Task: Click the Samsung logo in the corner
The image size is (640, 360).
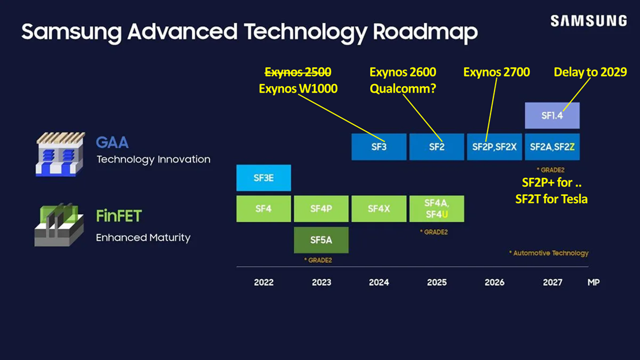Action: pyautogui.click(x=588, y=21)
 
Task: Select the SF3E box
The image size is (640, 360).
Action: pyautogui.click(x=263, y=178)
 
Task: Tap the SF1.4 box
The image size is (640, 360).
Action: pyautogui.click(x=552, y=116)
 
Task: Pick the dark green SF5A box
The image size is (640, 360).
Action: pyautogui.click(x=321, y=240)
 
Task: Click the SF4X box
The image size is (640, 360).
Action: pyautogui.click(x=378, y=209)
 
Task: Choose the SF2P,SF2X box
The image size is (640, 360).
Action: pyautogui.click(x=494, y=147)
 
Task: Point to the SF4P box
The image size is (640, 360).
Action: pyautogui.click(x=321, y=209)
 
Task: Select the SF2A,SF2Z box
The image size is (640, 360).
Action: pyautogui.click(x=552, y=147)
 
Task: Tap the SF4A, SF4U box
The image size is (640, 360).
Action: pyautogui.click(x=436, y=209)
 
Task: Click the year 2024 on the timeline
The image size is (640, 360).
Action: pyautogui.click(x=378, y=282)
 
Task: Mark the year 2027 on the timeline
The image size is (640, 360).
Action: pyautogui.click(x=552, y=282)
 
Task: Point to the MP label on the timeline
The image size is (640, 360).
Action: pyautogui.click(x=593, y=282)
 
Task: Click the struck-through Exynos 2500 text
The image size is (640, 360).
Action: pyautogui.click(x=298, y=73)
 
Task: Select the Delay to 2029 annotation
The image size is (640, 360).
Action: pyautogui.click(x=590, y=73)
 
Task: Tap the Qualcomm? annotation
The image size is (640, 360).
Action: pyautogui.click(x=403, y=89)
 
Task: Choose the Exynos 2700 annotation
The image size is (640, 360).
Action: pyautogui.click(x=496, y=73)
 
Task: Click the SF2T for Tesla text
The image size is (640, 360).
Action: pyautogui.click(x=551, y=199)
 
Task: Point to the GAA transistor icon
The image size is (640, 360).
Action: pyautogui.click(x=60, y=154)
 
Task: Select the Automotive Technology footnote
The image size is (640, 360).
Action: pyautogui.click(x=549, y=253)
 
